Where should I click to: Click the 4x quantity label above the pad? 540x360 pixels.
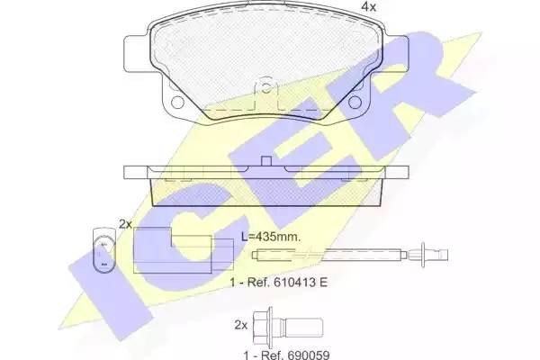pyautogui.click(x=367, y=7)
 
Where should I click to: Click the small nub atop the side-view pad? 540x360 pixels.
pyautogui.click(x=265, y=162)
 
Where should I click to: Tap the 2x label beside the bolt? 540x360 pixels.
pyautogui.click(x=240, y=323)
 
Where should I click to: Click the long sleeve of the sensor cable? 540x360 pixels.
pyautogui.click(x=360, y=252)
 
